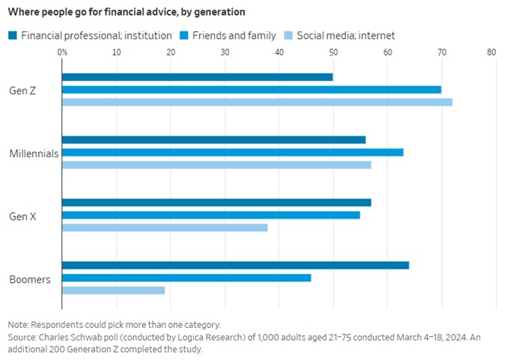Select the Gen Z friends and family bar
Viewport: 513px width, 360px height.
coord(252,90)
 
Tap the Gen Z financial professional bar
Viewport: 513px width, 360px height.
coord(197,77)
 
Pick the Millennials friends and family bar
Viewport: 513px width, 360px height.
coord(232,152)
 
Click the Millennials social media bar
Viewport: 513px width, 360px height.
coord(216,165)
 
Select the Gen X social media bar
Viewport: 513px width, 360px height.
coord(165,228)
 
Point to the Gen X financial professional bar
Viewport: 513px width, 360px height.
coord(216,202)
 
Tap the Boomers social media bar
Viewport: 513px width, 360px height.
coord(113,290)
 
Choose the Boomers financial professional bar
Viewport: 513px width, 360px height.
coord(235,265)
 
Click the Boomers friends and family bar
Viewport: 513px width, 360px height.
coord(186,278)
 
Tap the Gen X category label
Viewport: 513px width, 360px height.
coord(24,216)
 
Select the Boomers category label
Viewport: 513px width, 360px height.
coord(30,279)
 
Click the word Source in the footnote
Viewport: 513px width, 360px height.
coord(23,337)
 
